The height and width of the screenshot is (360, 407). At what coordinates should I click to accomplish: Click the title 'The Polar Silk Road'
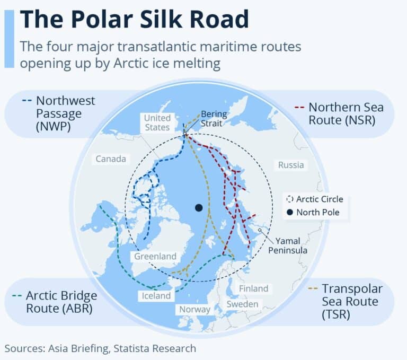134,19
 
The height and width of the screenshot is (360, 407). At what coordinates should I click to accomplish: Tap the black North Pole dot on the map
199,207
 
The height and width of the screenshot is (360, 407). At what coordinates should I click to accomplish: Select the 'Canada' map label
111,159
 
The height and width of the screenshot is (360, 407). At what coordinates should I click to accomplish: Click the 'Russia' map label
291,165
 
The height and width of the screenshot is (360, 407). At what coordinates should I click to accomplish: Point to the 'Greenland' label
155,256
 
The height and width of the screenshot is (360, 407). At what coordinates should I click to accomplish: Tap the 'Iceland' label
156,295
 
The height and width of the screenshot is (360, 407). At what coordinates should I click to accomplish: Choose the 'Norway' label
194,309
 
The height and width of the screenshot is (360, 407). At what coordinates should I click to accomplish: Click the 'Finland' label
253,288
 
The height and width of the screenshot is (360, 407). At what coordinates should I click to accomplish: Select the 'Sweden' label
242,304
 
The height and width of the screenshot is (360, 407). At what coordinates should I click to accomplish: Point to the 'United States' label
157,122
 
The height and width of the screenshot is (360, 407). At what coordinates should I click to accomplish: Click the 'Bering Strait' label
212,118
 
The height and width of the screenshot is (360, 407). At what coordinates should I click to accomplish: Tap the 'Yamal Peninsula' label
288,245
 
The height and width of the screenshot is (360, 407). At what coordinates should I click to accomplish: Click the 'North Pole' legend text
317,213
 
